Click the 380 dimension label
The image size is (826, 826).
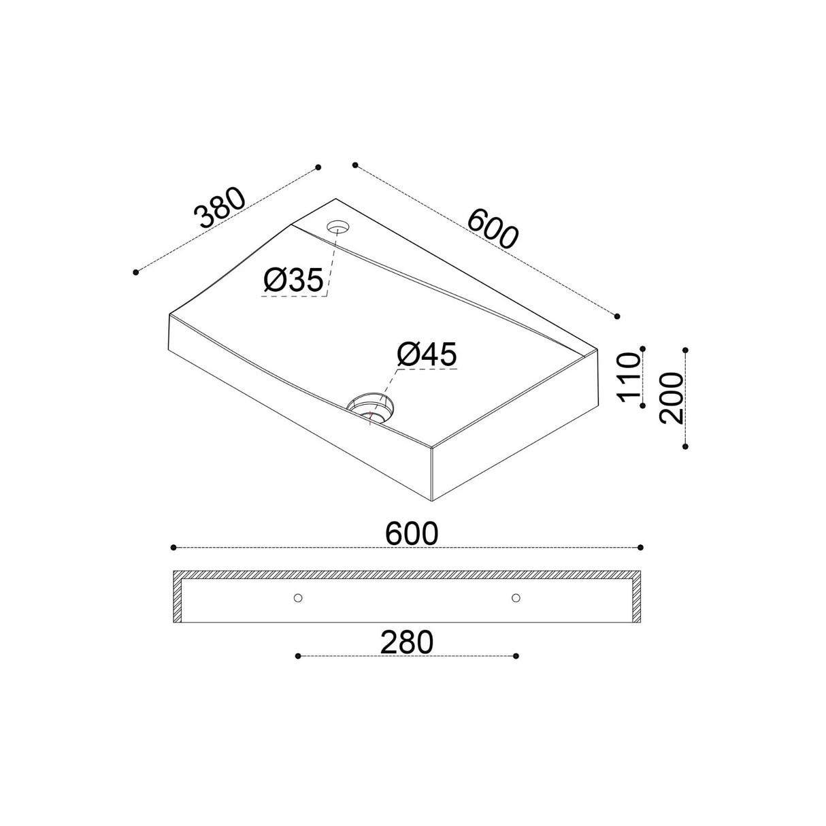pos(220,208)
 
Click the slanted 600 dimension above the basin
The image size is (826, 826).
pos(493,228)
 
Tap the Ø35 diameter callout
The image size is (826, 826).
pos(293,280)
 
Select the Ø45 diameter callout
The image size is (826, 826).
pos(427,354)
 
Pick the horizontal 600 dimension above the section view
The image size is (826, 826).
pos(412,534)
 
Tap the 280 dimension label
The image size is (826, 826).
pos(407,642)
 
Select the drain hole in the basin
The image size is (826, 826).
pos(370,407)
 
